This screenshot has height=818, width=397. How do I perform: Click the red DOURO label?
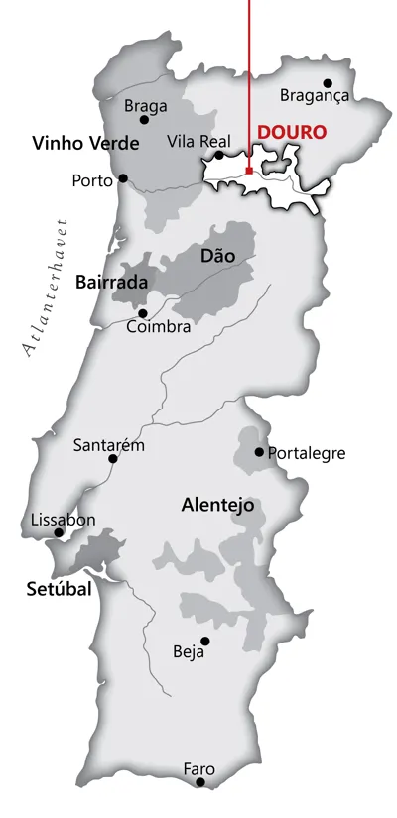coord(292,132)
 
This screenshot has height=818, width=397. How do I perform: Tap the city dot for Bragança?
coord(328,83)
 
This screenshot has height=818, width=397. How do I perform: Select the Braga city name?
coord(145,105)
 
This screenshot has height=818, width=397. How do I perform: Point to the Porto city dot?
coord(124,178)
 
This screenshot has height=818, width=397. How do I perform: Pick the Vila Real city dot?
coord(219,155)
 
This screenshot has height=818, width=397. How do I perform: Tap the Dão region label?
coord(217,256)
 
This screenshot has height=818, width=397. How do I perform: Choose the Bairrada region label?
coord(111,283)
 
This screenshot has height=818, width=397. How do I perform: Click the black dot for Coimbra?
coord(142,313)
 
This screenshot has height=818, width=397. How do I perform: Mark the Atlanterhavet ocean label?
coord(42,285)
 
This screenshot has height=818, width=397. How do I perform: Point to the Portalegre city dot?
coord(259,452)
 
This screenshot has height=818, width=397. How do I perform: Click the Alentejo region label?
coord(217,505)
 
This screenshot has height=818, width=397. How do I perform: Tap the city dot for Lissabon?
coord(60,532)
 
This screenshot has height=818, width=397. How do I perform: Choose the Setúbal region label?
coord(58,589)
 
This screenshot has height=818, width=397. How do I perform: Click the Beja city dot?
coord(205,641)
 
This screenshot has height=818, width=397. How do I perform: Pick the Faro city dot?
coord(200,782)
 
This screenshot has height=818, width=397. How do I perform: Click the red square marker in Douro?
coord(248,171)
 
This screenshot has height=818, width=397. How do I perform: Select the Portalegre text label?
coord(307,453)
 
